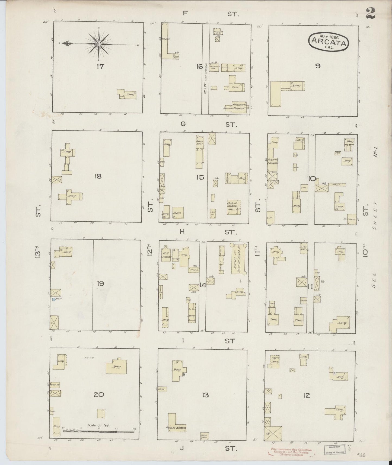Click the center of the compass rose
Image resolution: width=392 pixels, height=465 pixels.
pyautogui.click(x=99, y=44)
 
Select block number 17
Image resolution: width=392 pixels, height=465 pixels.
pyautogui.click(x=100, y=66)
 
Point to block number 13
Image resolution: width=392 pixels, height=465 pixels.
pyautogui.click(x=205, y=395)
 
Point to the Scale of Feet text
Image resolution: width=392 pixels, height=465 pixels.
pyautogui.click(x=99, y=425)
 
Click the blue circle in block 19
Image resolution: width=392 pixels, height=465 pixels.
pyautogui.click(x=54, y=299)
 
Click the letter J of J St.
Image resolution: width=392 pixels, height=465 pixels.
pyautogui.click(x=182, y=448)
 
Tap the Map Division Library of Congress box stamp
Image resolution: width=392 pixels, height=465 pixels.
pyautogui.click(x=334, y=449)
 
